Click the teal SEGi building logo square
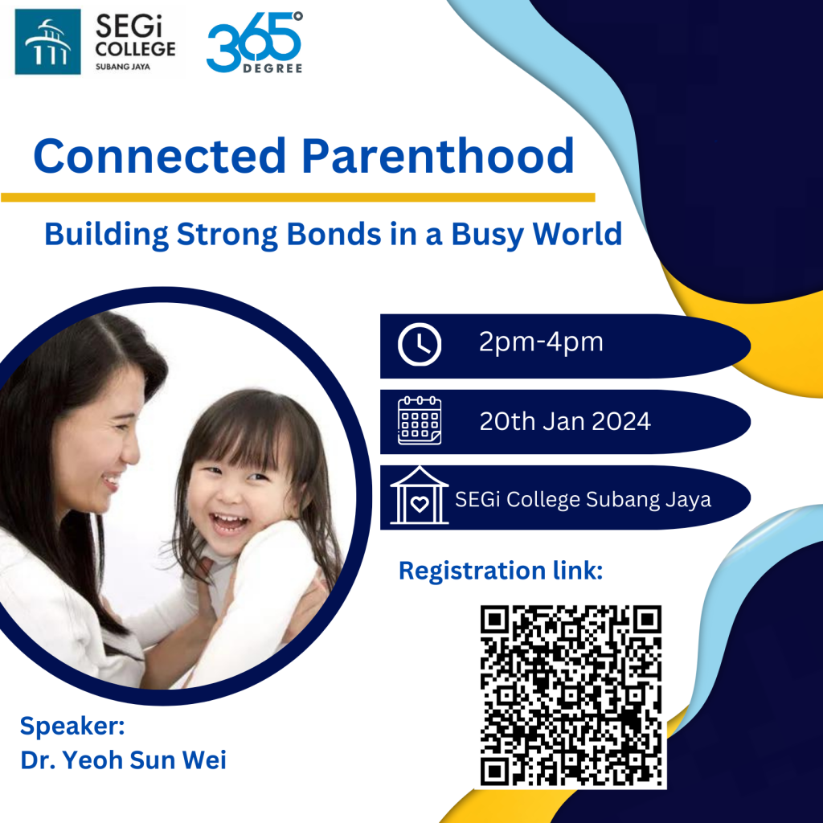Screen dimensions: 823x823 47,42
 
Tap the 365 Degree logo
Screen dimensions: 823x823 255,43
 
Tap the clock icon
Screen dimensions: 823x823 420,344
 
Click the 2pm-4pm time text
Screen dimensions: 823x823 541,342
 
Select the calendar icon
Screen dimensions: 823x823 420,420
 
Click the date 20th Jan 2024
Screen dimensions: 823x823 565,421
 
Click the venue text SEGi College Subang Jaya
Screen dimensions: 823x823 583,499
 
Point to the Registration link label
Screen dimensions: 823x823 501,571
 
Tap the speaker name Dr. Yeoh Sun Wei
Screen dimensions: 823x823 123,760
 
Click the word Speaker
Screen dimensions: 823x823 72,727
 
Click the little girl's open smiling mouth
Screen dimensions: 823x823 229,522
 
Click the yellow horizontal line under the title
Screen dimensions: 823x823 297,198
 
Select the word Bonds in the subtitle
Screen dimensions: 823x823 334,234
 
